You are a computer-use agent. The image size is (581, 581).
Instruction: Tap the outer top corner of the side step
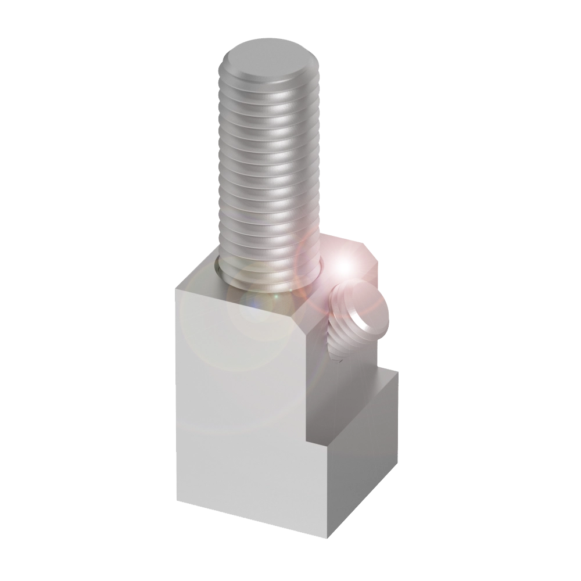click(x=399, y=374)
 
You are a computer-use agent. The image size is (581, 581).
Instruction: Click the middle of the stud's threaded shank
click(x=270, y=174)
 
